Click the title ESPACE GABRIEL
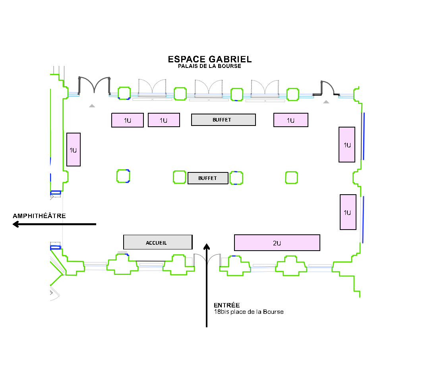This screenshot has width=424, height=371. (209, 59)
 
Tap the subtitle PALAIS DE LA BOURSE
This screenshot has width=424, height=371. (209, 66)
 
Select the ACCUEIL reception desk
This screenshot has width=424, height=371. (158, 242)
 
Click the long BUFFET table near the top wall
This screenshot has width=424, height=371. (223, 120)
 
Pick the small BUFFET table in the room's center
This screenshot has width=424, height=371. (208, 178)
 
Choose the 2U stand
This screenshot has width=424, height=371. (277, 243)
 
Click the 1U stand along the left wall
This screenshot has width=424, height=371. (74, 149)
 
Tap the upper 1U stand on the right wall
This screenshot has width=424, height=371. (347, 145)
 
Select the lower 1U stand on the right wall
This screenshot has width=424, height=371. (348, 212)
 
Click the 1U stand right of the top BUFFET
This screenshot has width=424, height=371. (290, 120)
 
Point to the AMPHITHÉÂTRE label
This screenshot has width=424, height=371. (39, 216)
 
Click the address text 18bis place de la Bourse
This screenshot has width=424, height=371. (248, 312)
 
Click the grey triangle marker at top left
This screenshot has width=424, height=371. (92, 106)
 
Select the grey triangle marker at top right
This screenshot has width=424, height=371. (326, 102)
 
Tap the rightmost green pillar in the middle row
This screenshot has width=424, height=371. (292, 178)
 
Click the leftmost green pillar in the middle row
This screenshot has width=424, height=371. (123, 176)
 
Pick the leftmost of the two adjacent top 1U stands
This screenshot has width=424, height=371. (127, 120)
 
